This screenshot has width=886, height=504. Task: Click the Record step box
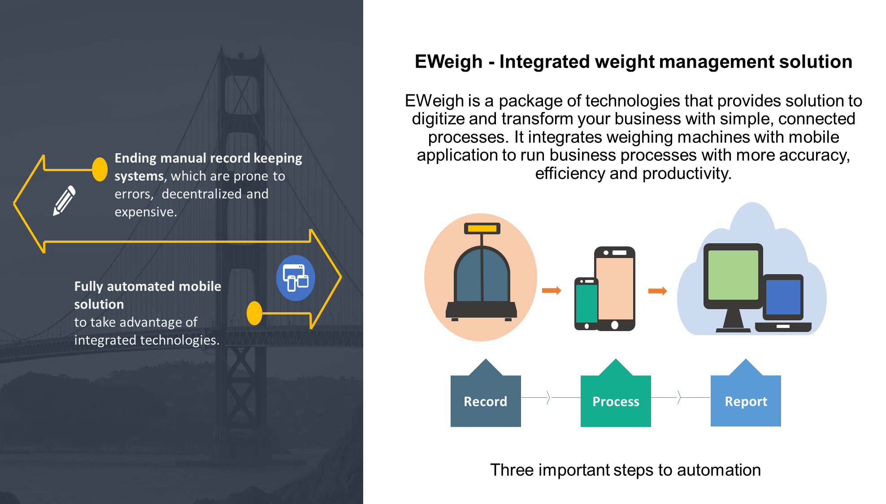click(486, 401)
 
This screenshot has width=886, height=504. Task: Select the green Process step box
click(616, 401)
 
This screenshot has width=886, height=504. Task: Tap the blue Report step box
click(746, 401)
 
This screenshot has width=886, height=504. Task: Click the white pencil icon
click(64, 200)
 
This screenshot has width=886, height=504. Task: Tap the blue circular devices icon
click(295, 278)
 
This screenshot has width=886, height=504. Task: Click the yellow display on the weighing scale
click(482, 228)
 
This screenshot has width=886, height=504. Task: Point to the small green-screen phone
click(586, 303)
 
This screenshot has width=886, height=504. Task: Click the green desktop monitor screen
click(733, 275)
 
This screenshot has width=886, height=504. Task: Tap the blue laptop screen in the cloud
click(783, 297)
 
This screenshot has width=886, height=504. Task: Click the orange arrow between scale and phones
click(552, 290)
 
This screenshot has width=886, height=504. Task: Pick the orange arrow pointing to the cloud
click(658, 291)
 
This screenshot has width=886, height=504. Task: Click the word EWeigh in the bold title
click(448, 62)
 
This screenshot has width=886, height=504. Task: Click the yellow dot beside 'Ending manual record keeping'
click(100, 169)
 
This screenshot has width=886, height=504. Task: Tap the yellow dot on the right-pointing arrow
click(254, 313)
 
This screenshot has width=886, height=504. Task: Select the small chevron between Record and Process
click(548, 397)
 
